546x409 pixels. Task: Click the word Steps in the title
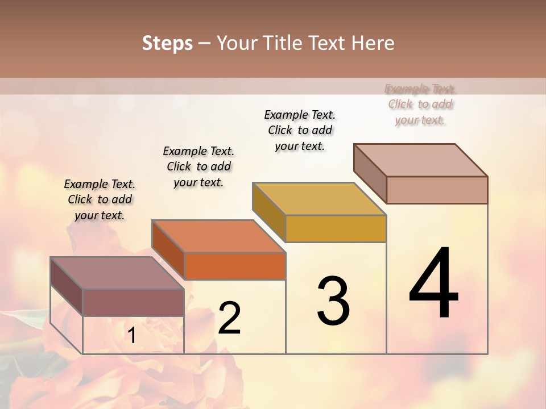(167, 43)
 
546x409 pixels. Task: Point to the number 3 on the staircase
(333, 301)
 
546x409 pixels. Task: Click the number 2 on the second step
(229, 318)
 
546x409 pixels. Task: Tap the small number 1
(132, 336)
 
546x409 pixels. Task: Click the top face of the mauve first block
(117, 273)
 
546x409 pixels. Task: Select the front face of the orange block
(235, 266)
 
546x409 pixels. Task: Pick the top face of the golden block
(319, 199)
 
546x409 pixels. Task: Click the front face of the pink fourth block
(437, 190)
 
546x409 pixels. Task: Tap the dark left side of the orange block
(168, 249)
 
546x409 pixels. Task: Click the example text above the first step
(100, 199)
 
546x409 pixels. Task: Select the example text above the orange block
(198, 166)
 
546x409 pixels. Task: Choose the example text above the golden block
(300, 130)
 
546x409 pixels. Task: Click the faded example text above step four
(420, 104)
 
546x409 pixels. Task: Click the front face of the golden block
(336, 228)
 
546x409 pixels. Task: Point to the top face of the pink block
(420, 160)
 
